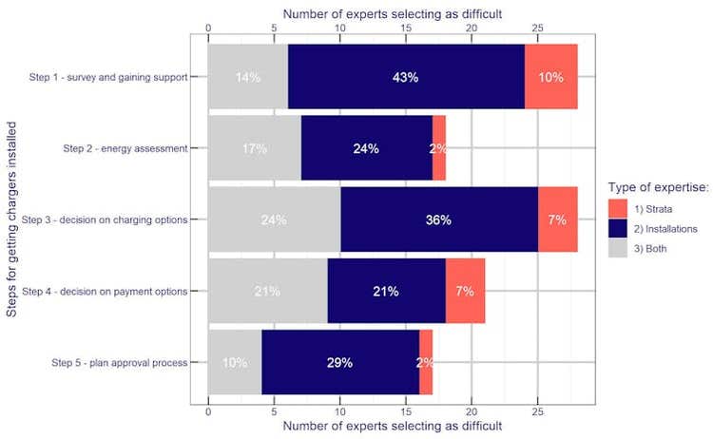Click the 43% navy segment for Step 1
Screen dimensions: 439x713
pos(406,77)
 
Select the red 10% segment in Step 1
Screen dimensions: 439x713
pos(550,77)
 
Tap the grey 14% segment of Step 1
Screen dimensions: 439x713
pos(248,77)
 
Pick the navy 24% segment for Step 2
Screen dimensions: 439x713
pos(366,148)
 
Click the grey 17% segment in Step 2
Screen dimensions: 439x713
pos(254,148)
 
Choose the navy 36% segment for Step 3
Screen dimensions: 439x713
pos(438,219)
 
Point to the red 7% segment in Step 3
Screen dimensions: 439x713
pos(557,219)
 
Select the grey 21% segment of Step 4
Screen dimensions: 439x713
pos(267,291)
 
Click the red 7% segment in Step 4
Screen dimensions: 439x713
pos(465,291)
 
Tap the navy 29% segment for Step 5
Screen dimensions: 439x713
pos(339,362)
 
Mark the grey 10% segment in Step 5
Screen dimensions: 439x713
pos(234,362)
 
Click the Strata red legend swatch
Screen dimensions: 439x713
pos(618,207)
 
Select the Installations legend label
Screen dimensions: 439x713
pos(667,228)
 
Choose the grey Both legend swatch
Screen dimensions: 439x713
pos(618,249)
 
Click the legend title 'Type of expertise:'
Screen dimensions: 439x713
pos(658,187)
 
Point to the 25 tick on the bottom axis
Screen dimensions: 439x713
pos(537,413)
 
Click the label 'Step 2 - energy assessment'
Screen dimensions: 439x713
pos(131,148)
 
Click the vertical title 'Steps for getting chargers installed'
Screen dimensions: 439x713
pos(11,219)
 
